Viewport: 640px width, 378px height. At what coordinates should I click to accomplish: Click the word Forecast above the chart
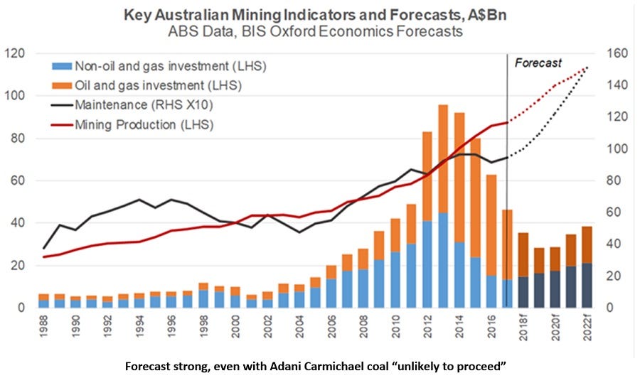click(538, 63)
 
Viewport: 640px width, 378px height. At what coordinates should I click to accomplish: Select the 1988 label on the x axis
click(44, 330)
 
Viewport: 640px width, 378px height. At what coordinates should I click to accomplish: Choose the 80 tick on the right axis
click(610, 180)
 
